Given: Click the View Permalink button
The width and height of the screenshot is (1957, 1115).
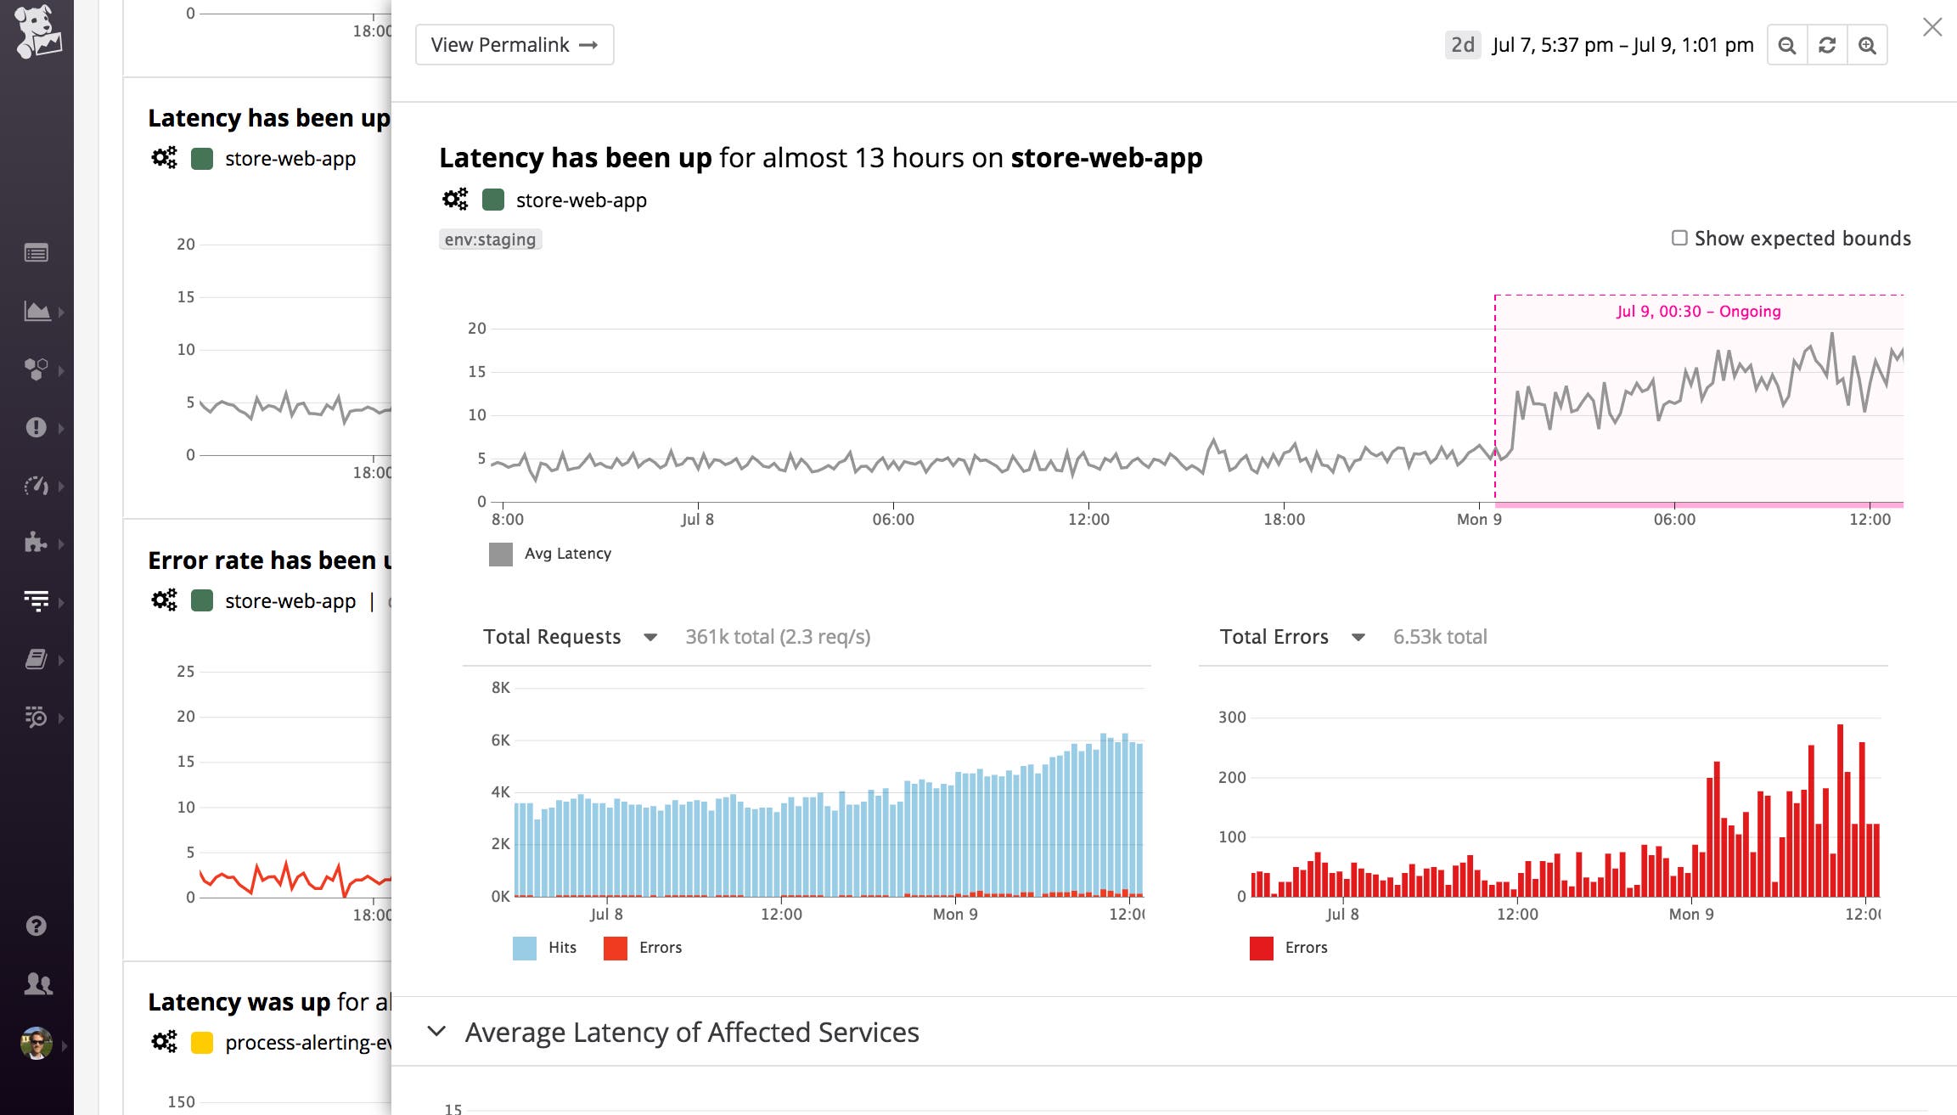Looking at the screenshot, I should tap(514, 45).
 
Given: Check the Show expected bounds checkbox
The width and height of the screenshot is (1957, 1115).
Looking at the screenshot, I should tap(1679, 238).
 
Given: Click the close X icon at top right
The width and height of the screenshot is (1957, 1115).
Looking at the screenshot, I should tap(1932, 27).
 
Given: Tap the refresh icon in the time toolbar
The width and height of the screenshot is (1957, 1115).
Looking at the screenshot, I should tap(1827, 45).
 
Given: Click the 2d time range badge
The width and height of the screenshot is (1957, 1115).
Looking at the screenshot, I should tap(1462, 45).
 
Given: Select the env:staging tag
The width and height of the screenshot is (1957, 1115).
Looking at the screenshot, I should tap(490, 239).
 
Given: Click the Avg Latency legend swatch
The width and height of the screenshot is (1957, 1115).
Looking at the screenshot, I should tap(501, 555).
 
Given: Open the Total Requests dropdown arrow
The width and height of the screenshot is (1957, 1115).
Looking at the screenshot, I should tap(650, 637).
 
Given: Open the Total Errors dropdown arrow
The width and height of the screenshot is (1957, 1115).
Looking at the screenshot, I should tap(1358, 637).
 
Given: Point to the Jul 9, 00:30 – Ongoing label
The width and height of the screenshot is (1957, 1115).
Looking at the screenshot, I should tap(1698, 312).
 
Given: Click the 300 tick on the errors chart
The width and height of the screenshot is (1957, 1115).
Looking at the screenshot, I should tap(1232, 718).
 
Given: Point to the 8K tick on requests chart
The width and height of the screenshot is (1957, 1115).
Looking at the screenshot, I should tap(501, 688).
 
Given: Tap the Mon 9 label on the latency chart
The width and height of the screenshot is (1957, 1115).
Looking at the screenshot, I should tap(1479, 520).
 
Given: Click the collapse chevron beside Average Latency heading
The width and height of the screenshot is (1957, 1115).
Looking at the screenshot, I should tap(436, 1032).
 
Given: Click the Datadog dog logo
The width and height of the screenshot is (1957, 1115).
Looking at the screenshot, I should tap(37, 31).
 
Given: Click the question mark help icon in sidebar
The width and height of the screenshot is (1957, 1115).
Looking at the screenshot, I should tap(36, 926).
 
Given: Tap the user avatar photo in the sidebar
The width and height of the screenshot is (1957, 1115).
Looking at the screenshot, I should tap(36, 1043).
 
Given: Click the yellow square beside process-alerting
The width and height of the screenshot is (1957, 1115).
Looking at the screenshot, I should tap(202, 1043).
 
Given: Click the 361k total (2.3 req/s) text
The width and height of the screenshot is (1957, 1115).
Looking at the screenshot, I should tap(778, 637).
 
